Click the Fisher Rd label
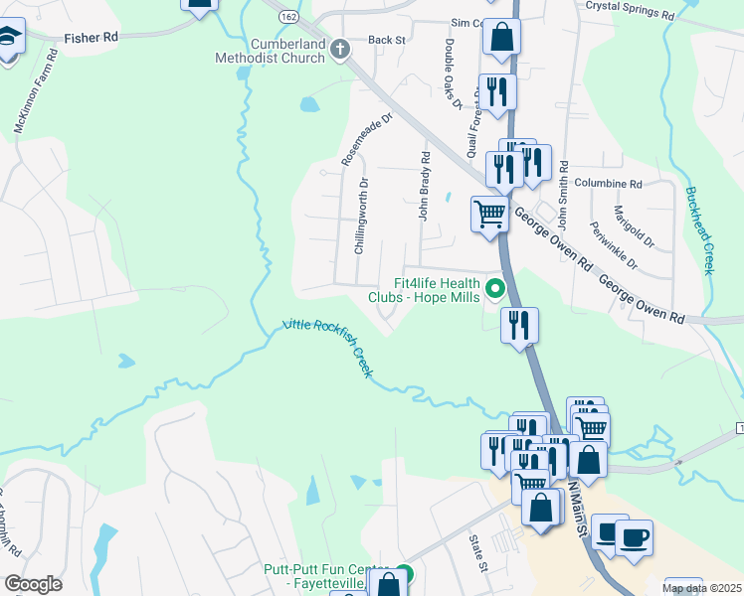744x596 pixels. pyautogui.click(x=91, y=37)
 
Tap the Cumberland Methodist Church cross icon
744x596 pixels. pyautogui.click(x=339, y=48)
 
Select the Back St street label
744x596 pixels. pyautogui.click(x=387, y=41)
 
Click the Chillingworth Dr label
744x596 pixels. pyautogui.click(x=364, y=216)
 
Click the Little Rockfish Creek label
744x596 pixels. pyautogui.click(x=328, y=347)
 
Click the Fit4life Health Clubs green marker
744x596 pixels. pyautogui.click(x=495, y=289)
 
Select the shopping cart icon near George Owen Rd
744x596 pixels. pyautogui.click(x=488, y=213)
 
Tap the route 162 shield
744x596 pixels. pyautogui.click(x=288, y=17)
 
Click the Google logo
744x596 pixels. pyautogui.click(x=34, y=584)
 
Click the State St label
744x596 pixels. pyautogui.click(x=478, y=553)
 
